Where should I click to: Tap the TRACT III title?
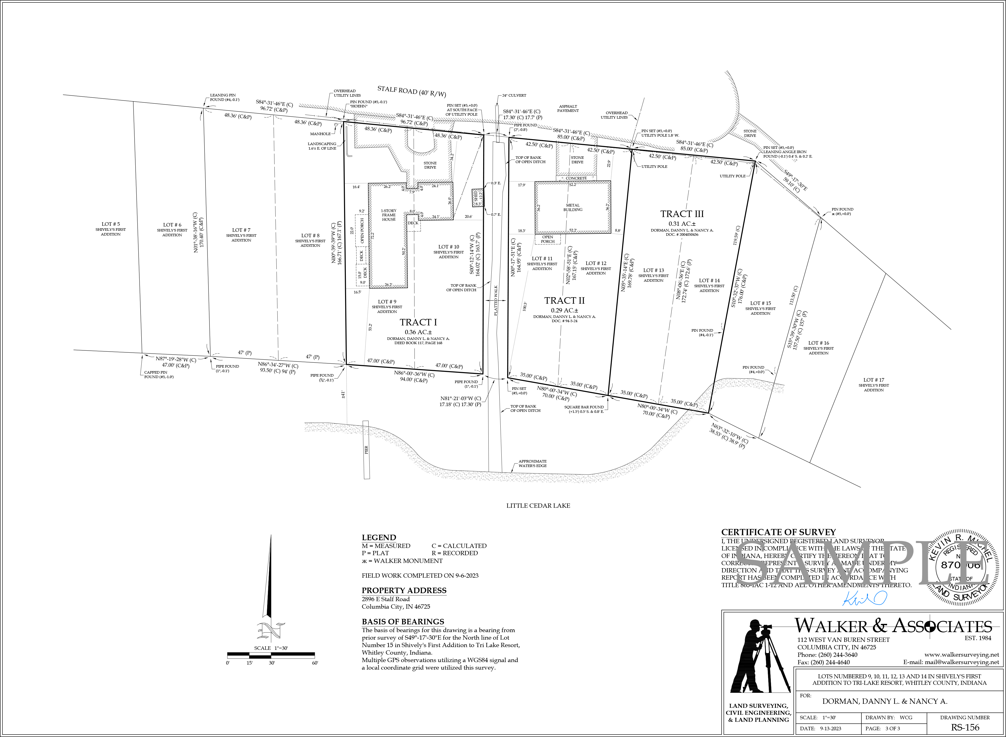click(x=682, y=214)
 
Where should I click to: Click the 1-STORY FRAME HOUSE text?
click(x=389, y=215)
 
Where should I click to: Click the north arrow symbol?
click(x=269, y=589)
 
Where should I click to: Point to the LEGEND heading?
click(x=379, y=538)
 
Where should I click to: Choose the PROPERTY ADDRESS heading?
click(x=403, y=590)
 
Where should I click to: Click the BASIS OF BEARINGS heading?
click(x=403, y=621)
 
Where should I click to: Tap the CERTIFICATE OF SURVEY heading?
click(x=778, y=532)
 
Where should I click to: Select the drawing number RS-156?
click(x=965, y=727)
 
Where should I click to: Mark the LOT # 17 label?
click(x=874, y=380)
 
